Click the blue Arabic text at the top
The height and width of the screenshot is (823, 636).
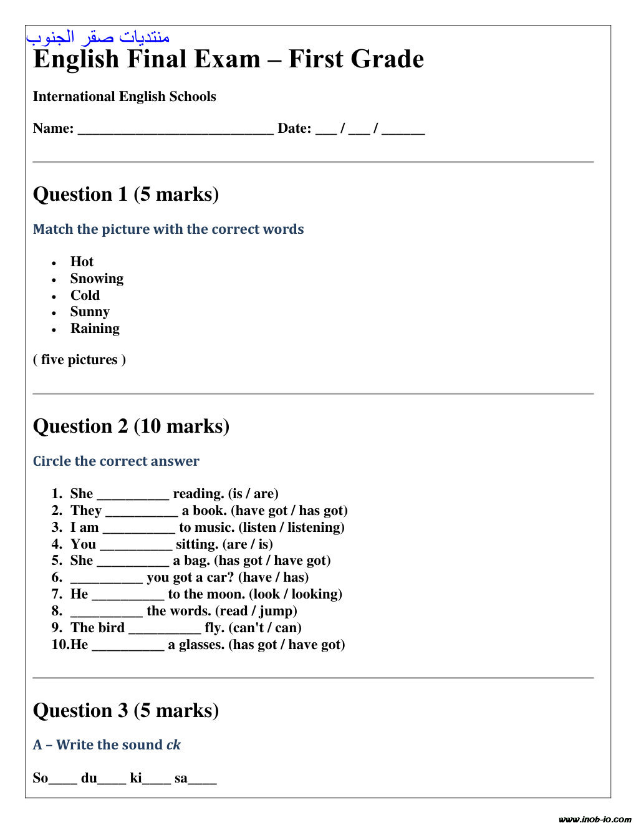(x=98, y=37)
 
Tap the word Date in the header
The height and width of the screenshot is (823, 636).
(x=294, y=128)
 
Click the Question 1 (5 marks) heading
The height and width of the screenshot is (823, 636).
(x=125, y=194)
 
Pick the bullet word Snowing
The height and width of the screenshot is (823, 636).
(x=97, y=279)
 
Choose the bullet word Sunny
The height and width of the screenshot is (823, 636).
(x=90, y=312)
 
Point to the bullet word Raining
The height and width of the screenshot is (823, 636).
(x=95, y=329)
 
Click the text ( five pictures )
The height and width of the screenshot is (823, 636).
(x=79, y=360)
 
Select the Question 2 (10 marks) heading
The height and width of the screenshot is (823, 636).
(x=131, y=426)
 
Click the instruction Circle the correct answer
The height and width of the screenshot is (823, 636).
(x=116, y=461)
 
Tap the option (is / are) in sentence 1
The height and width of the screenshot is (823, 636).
(x=253, y=494)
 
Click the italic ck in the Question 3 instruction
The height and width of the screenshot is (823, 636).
(x=173, y=745)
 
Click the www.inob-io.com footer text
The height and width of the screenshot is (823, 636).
(x=595, y=819)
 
